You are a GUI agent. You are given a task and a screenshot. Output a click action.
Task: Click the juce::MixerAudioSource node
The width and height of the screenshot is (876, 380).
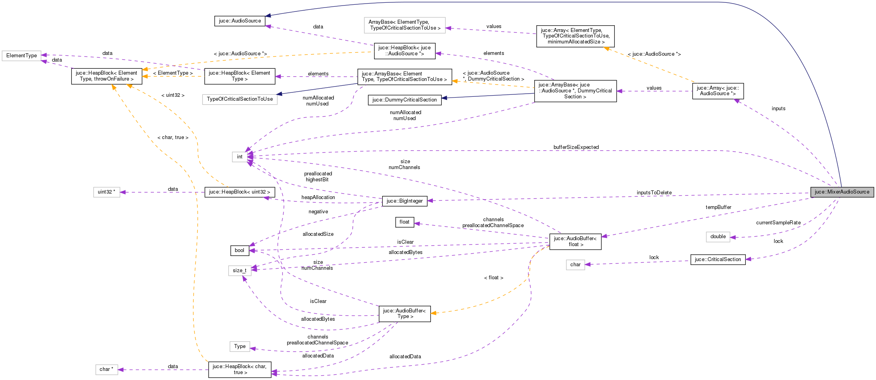pyautogui.click(x=842, y=192)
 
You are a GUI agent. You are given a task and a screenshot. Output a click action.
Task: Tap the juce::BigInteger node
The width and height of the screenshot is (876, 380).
pyautogui.click(x=404, y=201)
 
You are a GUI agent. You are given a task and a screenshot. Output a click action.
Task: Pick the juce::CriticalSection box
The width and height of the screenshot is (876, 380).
pyautogui.click(x=718, y=260)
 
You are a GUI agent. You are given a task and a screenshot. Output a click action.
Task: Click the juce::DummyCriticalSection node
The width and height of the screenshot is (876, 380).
pyautogui.click(x=404, y=100)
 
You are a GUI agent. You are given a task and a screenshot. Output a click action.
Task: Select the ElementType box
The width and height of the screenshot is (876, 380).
pyautogui.click(x=21, y=56)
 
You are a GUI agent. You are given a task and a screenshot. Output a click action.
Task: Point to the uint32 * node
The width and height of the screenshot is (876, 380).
pyautogui.click(x=107, y=192)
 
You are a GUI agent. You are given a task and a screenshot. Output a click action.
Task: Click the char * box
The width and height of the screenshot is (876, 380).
pyautogui.click(x=107, y=369)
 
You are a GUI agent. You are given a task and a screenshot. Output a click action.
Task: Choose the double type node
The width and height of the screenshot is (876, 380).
pyautogui.click(x=718, y=237)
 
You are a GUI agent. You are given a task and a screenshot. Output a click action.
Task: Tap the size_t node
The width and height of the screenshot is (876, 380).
pyautogui.click(x=240, y=271)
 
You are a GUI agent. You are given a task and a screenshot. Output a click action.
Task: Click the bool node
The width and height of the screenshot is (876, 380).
pyautogui.click(x=240, y=250)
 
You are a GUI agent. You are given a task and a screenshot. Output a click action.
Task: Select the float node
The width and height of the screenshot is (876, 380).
pyautogui.click(x=404, y=222)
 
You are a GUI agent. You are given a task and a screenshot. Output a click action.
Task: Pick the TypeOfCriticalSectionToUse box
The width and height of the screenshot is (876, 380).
pyautogui.click(x=240, y=99)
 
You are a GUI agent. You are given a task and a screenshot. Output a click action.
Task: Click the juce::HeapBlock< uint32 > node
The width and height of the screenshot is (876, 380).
pyautogui.click(x=240, y=192)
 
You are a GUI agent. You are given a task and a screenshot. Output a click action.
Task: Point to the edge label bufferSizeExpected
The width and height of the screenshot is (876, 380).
pyautogui.click(x=576, y=147)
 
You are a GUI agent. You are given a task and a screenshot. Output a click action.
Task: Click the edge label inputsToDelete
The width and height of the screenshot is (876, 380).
pyautogui.click(x=654, y=193)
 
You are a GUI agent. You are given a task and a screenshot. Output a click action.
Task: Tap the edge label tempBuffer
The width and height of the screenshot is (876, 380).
pyautogui.click(x=718, y=207)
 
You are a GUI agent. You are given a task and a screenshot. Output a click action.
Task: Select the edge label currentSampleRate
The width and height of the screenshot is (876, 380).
pyautogui.click(x=778, y=223)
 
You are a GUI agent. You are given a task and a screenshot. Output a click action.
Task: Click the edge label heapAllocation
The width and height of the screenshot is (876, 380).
pyautogui.click(x=318, y=198)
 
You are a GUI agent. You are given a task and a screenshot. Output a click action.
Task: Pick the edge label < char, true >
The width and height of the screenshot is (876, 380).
pyautogui.click(x=172, y=137)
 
